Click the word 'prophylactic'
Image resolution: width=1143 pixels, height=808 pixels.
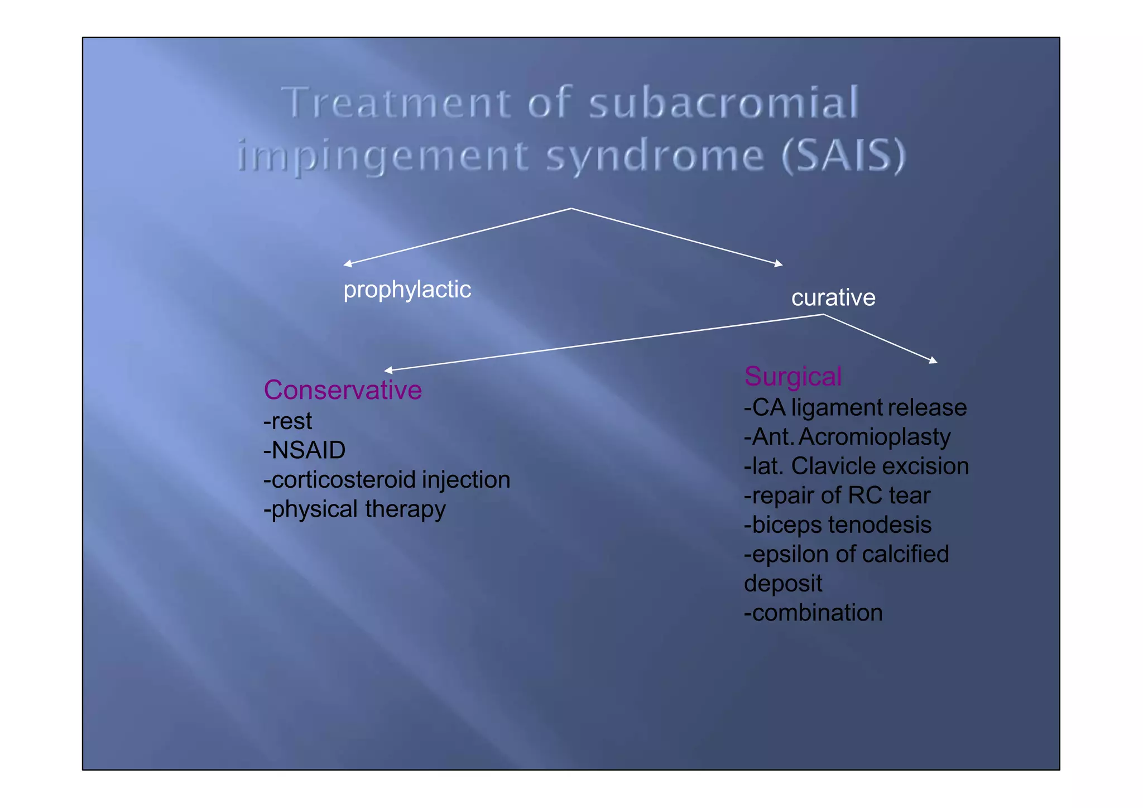click(x=407, y=290)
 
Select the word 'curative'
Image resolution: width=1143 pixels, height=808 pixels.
click(x=833, y=297)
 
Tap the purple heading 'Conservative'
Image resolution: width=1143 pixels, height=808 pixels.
click(x=342, y=389)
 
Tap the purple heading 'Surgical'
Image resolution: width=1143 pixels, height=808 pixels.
click(x=793, y=376)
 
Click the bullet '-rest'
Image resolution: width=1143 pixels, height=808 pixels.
click(x=287, y=421)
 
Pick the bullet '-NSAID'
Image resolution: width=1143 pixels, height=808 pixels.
click(x=304, y=450)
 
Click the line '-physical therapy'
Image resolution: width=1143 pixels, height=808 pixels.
click(x=354, y=509)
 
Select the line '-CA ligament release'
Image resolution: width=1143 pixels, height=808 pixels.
click(x=855, y=408)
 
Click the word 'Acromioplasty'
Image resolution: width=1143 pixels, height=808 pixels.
click(x=874, y=437)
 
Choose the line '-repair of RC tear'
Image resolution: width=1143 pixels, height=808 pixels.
click(x=837, y=496)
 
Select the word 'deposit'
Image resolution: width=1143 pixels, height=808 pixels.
click(x=782, y=584)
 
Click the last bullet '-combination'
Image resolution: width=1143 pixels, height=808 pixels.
click(x=813, y=613)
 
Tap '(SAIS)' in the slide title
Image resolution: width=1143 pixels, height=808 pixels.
click(x=843, y=156)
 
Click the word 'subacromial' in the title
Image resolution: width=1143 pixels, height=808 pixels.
click(x=723, y=103)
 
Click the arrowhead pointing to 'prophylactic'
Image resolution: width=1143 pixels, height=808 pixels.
click(x=347, y=264)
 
